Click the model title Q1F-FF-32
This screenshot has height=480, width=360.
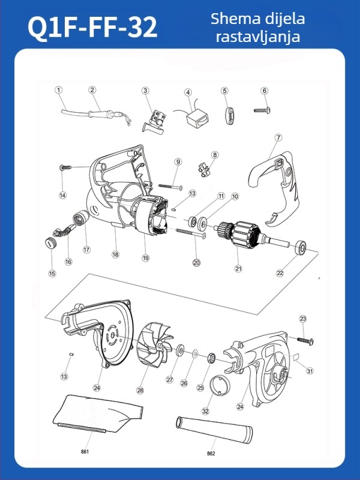point(93,27)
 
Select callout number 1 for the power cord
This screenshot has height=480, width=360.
point(59,90)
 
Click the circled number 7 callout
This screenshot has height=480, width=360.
point(278,137)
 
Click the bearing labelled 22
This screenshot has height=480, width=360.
point(299,246)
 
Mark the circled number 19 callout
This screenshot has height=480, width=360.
point(145,258)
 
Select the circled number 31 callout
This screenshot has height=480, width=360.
point(310,371)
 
